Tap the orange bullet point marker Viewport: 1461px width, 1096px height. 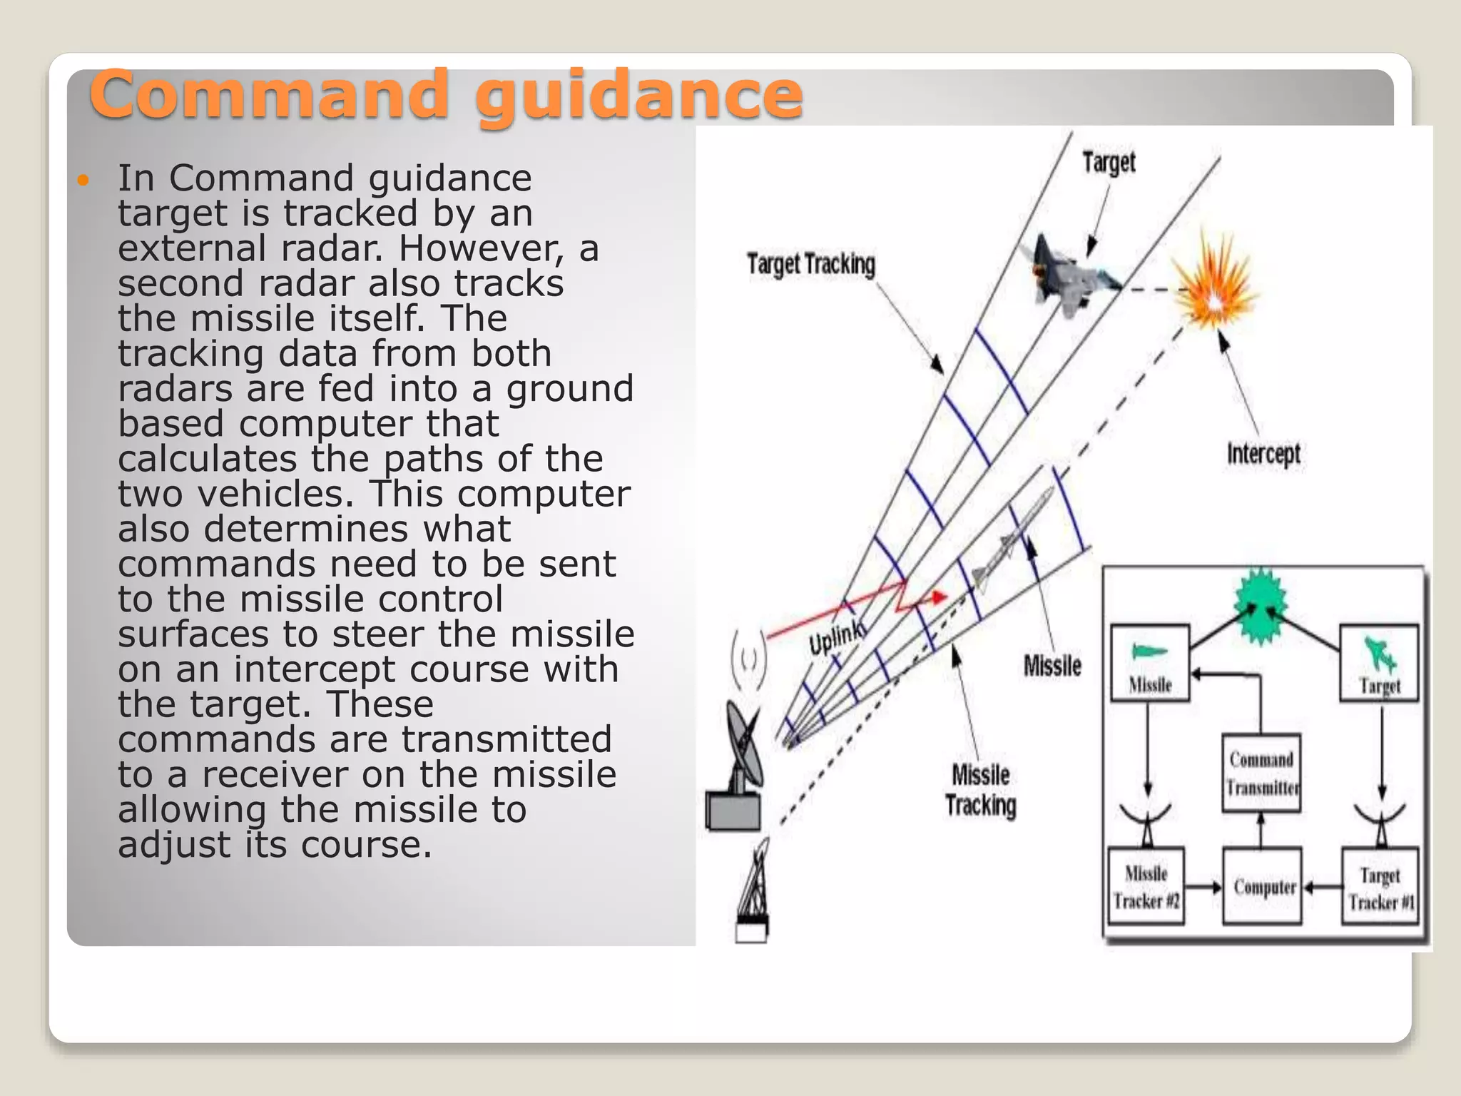[83, 180]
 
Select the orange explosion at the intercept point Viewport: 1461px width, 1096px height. [1213, 288]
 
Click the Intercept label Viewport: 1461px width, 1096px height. [1263, 454]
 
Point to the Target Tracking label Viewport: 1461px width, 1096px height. [810, 264]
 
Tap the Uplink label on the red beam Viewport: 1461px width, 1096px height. [837, 636]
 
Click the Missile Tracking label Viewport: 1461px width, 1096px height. [980, 790]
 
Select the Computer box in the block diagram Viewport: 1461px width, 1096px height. [1263, 886]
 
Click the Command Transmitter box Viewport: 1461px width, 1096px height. [1261, 773]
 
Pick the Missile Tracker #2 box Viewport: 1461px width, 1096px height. [1146, 887]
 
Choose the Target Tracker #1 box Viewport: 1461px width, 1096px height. [1380, 887]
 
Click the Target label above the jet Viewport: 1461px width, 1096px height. [1108, 163]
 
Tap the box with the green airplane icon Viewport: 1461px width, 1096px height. [1379, 663]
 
